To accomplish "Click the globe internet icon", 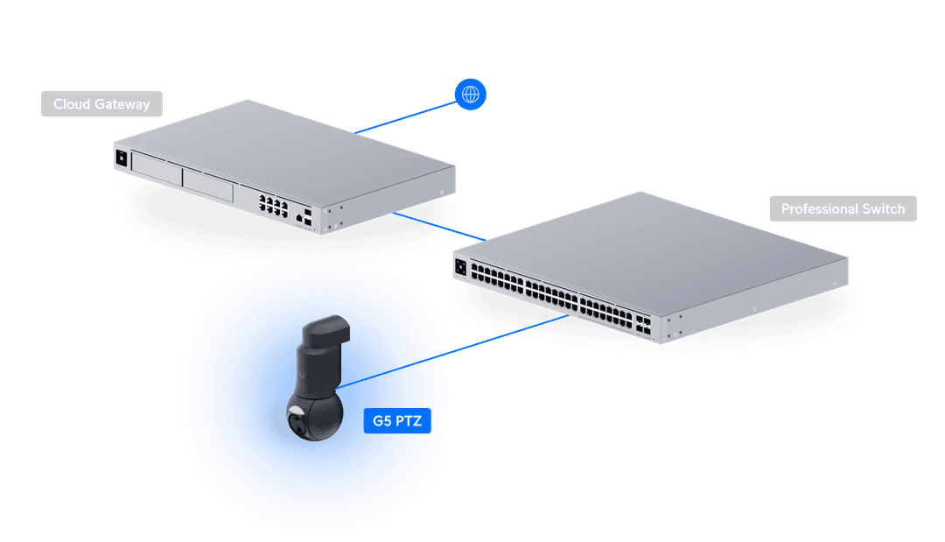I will (471, 94).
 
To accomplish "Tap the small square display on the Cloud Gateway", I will (121, 158).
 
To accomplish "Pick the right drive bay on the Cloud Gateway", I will (207, 186).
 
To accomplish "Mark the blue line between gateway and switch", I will (437, 225).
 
